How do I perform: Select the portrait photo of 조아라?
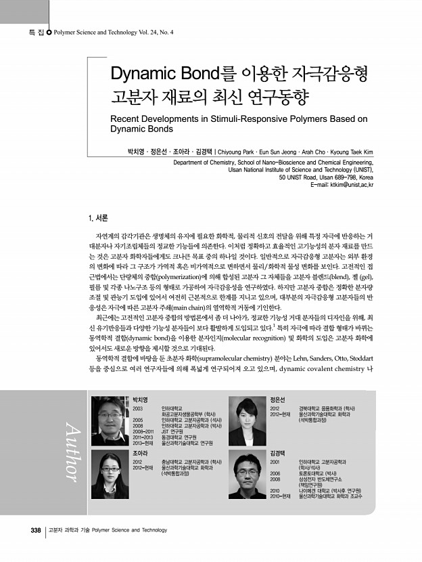(110, 473)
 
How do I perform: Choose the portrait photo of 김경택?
(246, 475)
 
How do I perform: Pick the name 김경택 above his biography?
(277, 452)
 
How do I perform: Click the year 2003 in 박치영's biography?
(138, 410)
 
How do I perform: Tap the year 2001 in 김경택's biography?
(275, 460)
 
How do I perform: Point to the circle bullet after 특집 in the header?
(49, 32)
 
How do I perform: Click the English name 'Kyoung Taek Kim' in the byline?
(348, 152)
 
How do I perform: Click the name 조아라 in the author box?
(141, 452)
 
